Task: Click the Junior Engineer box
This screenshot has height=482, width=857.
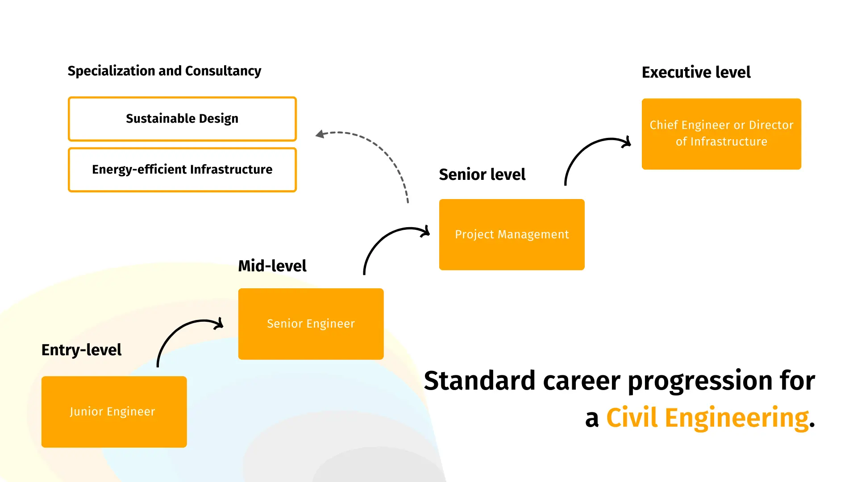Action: (114, 411)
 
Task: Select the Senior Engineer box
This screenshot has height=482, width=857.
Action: (311, 324)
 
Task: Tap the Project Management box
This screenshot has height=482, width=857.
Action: (512, 234)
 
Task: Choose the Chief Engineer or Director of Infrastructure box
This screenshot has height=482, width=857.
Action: (721, 134)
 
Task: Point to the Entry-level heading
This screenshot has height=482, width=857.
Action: (81, 350)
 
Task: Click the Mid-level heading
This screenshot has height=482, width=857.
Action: (272, 266)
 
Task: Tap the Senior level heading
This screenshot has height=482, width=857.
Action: (482, 175)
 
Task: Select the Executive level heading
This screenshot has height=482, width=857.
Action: (696, 72)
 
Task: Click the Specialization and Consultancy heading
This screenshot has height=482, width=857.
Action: (164, 71)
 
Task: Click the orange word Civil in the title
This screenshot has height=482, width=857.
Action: (632, 418)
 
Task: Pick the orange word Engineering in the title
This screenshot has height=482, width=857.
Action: (736, 419)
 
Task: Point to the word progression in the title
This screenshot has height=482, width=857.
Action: (700, 382)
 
